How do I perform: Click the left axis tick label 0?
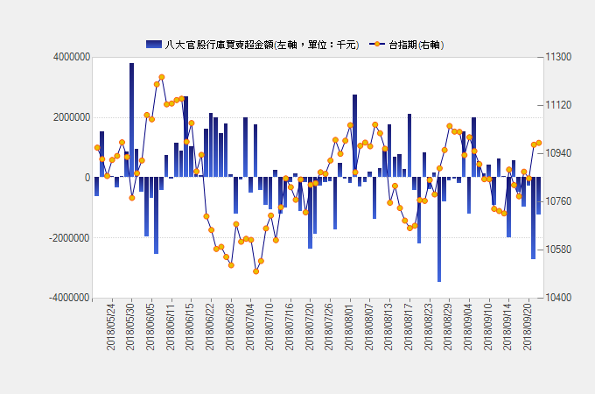87,178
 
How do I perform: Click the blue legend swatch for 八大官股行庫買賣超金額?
153,44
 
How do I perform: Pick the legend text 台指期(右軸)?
416,44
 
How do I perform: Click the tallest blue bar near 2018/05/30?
131,119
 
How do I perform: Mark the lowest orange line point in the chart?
256,271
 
